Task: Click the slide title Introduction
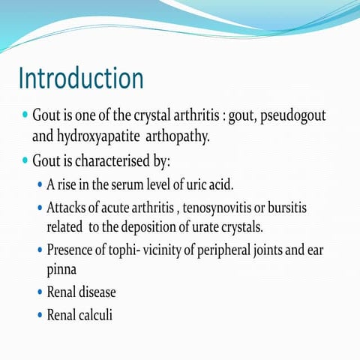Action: click(x=80, y=78)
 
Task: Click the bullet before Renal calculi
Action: click(x=40, y=315)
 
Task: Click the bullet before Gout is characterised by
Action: click(x=25, y=161)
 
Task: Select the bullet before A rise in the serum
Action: click(x=40, y=184)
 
